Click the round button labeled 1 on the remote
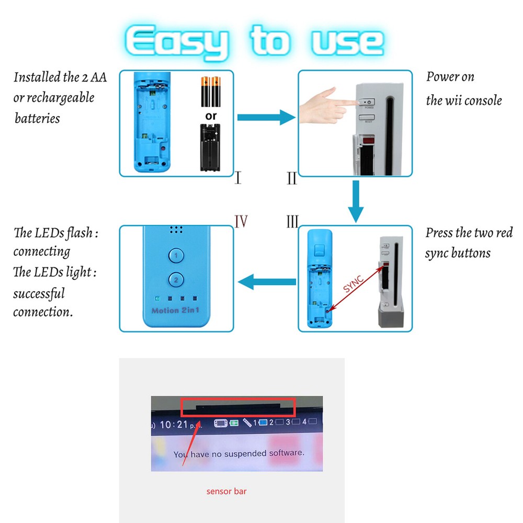(x=176, y=256)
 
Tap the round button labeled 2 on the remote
(x=176, y=280)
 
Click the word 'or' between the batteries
(x=211, y=116)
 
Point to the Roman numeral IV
(x=241, y=221)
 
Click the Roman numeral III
(x=292, y=222)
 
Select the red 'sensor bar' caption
(x=226, y=491)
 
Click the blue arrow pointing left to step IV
(x=267, y=283)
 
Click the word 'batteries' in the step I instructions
(x=37, y=118)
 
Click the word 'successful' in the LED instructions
(x=39, y=293)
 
